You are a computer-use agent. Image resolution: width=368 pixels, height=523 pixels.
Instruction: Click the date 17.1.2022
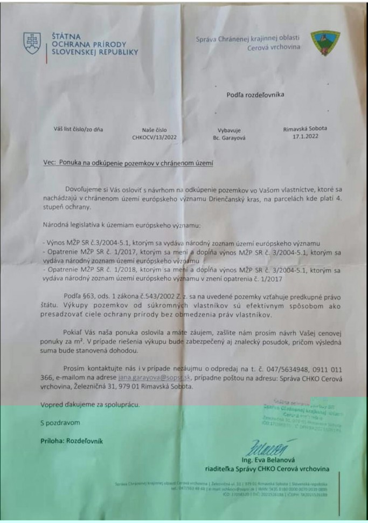(x=304, y=137)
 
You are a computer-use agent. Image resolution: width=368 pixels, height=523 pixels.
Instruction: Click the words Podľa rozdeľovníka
(x=255, y=95)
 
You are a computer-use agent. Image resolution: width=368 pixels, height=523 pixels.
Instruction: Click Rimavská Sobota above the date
(x=304, y=129)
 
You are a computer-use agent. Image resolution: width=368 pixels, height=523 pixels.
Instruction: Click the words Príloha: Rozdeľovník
(x=67, y=441)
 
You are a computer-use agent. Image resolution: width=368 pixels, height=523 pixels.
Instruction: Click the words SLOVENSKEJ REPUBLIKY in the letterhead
(x=95, y=52)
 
